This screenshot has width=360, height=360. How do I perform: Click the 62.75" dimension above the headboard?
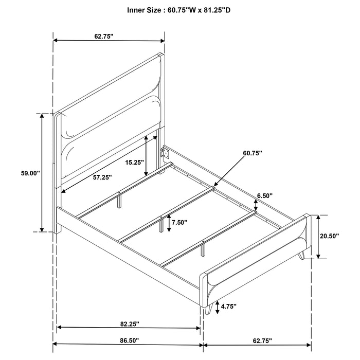(x=104, y=36)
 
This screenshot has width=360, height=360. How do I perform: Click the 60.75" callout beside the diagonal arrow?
(x=253, y=153)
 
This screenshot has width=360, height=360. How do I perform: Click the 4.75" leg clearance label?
(x=229, y=306)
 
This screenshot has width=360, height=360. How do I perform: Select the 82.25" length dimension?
(x=127, y=324)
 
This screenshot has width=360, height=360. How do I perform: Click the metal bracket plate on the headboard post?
(x=166, y=152)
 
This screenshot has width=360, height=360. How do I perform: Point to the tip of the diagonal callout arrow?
(x=215, y=185)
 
